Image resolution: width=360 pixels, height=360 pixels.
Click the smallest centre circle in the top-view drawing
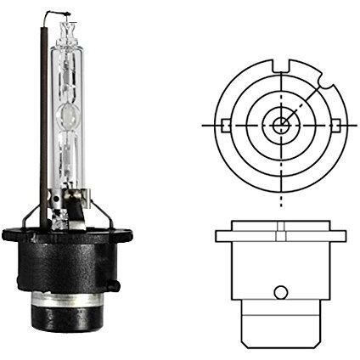(x=278, y=126)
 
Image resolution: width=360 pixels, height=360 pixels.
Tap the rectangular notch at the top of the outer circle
(x=278, y=62)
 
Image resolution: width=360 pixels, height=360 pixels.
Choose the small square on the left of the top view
(x=222, y=126)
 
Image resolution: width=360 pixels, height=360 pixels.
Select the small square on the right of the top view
(x=334, y=126)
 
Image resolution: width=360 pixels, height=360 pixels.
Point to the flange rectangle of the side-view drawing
(x=278, y=238)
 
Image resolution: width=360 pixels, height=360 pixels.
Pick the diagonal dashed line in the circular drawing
(x=306, y=98)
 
